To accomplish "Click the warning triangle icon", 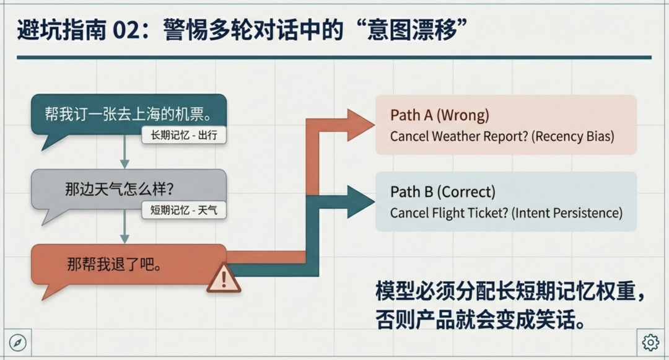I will coord(224,278).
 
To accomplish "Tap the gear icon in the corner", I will coord(650,342).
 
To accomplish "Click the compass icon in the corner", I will coord(18,342).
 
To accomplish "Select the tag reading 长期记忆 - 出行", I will coord(184,135).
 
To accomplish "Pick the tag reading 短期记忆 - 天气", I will coord(184,210).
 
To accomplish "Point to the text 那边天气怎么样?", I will coord(119,188).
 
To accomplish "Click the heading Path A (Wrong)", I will coord(440,115).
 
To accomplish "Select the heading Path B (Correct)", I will coord(443,192).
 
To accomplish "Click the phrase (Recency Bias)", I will coord(573,136).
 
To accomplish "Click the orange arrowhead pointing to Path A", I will coord(359,125).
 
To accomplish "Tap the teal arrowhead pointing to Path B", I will coord(359,202).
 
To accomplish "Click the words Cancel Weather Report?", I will coord(458,136).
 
